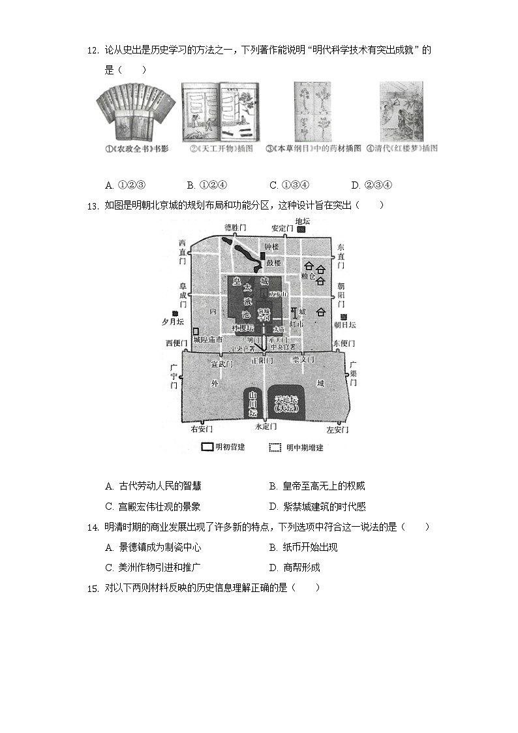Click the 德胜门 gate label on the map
pos(235,227)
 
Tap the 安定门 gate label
pos(283,228)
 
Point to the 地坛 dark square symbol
pos(301,230)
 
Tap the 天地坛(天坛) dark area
pos(286,403)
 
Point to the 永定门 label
pos(266,426)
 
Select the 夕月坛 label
pos(173,322)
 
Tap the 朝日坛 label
pos(344,324)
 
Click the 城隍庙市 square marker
pos(196,331)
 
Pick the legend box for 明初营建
pos(207,447)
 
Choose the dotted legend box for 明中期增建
pos(275,447)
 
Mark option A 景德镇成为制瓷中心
pos(153,548)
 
